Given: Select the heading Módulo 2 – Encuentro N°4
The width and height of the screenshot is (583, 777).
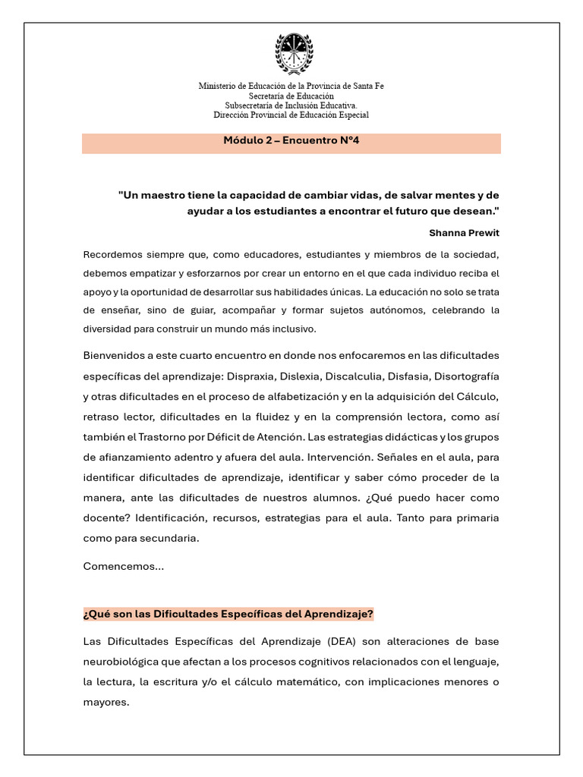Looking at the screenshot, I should click(x=291, y=141).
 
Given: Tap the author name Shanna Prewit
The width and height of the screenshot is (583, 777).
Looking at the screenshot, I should click(x=464, y=232).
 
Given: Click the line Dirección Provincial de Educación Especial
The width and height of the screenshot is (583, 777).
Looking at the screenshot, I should click(x=291, y=115).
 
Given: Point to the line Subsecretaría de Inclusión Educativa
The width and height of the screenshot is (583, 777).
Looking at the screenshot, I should click(x=291, y=105).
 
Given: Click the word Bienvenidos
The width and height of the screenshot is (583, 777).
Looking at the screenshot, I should click(x=115, y=355).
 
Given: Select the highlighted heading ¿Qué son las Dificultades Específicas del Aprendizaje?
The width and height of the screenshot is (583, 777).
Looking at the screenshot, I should click(x=228, y=613).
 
